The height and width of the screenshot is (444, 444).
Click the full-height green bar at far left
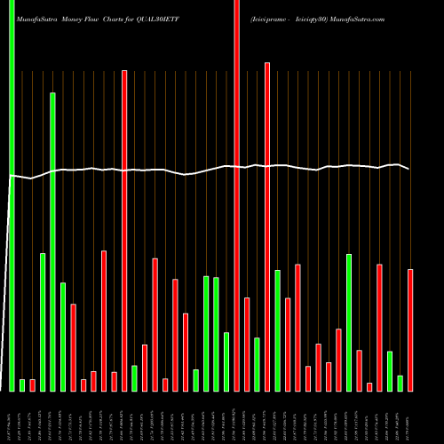tap(12, 195)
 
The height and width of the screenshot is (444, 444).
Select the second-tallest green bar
tap(52, 240)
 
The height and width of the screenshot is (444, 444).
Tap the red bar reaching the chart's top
tap(236, 195)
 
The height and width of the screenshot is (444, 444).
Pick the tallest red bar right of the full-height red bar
tap(266, 226)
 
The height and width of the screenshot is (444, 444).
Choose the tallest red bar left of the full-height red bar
tap(124, 231)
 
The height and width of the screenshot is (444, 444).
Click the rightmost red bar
tap(410, 329)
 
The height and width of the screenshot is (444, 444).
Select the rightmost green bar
tap(400, 383)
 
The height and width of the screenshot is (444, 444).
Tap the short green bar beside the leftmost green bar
tap(22, 385)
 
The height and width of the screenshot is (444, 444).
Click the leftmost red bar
tap(33, 385)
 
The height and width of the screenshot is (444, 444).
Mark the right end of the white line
tap(409, 169)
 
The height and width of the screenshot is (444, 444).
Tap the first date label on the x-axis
tap(10, 417)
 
